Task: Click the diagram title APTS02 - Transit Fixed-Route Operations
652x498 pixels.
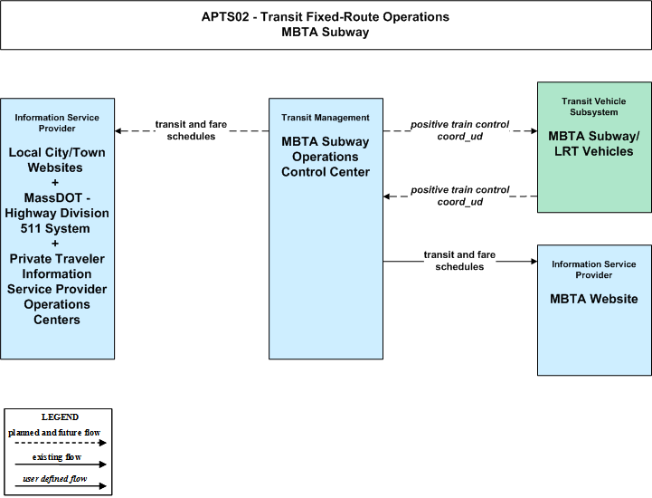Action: pos(326,16)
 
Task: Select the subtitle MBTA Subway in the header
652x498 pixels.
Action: pos(326,32)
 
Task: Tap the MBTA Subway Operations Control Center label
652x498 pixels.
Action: pos(326,157)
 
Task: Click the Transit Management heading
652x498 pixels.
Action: pos(326,118)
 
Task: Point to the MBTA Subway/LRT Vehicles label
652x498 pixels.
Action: pos(594,144)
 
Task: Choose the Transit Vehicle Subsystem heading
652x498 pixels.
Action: pos(594,107)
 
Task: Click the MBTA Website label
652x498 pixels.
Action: pos(594,299)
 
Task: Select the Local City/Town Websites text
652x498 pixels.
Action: pos(57,160)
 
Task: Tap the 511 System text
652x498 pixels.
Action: pos(55,228)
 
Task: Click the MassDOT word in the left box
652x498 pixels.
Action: pos(52,197)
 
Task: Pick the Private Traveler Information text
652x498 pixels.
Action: pos(57,266)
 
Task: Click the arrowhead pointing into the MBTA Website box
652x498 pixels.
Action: pos(534,262)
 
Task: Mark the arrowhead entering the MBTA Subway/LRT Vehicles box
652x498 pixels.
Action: pos(534,131)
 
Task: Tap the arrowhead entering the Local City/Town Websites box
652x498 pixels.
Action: pos(118,131)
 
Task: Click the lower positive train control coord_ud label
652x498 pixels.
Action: pos(460,196)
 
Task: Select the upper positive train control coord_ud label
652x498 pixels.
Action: pos(460,130)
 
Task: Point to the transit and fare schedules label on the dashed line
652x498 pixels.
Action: pos(192,130)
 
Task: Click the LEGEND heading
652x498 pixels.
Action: pos(60,417)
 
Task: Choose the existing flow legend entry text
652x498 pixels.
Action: pos(57,457)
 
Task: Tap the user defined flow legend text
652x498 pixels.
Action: pos(55,479)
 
